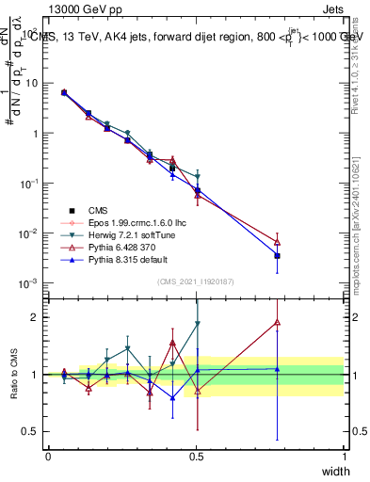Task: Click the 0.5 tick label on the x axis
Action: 196,456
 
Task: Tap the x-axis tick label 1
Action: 344,456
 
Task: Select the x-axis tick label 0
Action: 48,456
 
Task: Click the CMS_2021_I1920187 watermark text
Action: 196,281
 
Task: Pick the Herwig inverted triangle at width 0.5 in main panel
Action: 197,177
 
